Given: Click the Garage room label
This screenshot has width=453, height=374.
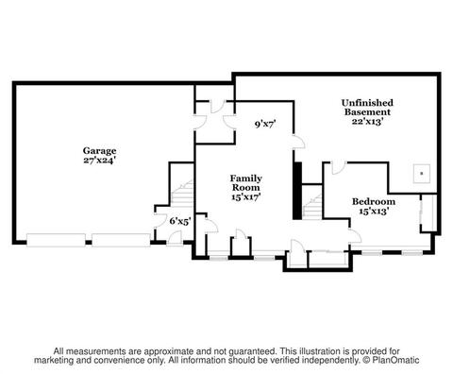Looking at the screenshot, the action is pos(99,151).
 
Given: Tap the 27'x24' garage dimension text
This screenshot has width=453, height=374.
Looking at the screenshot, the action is pos(99,161).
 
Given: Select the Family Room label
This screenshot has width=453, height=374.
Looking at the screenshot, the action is pos(246,183).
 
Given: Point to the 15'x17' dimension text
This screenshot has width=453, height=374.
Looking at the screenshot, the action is pos(246,197).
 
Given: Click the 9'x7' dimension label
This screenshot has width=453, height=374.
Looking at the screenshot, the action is pos(265,125).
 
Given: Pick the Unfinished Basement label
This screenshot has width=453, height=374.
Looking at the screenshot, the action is pos(367,108).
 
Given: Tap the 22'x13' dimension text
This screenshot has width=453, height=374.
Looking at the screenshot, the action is pos(367,121).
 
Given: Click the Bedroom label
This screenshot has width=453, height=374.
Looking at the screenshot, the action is pos(374,201).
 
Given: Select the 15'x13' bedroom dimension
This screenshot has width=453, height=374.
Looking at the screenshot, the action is pos(374,211).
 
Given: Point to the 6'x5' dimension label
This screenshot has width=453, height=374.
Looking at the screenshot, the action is pos(180,221).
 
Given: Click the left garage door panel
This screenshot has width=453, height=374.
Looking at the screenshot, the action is pos(56,240).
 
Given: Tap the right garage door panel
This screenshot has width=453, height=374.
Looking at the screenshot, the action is pos(121,240).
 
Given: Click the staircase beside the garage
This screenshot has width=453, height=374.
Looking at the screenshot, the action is pos(182,194).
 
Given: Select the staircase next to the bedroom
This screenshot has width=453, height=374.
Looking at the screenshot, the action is pos(312,206).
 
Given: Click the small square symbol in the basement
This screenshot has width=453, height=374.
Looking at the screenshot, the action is pos(422,174).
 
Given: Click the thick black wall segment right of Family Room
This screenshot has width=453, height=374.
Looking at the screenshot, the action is pos(297,191).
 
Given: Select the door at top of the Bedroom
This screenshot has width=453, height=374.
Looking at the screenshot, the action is pos(338,167).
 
